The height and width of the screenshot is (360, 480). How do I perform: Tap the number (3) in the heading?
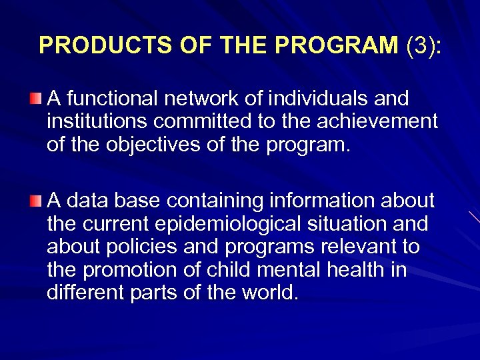419,45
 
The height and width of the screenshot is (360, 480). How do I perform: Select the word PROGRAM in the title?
337,45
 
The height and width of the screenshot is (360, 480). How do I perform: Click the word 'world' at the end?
267,293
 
